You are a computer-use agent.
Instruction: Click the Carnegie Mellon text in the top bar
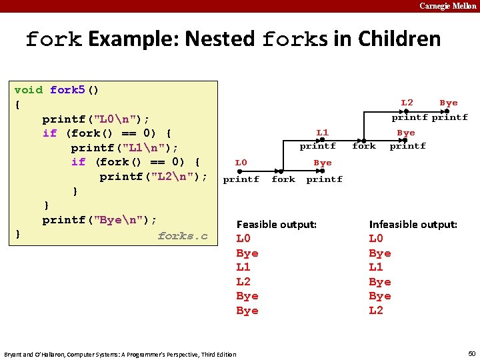coord(447,6)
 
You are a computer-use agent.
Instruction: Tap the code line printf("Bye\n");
coord(100,220)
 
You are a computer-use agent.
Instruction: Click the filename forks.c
coord(183,236)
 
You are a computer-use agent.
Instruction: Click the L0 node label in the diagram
coord(241,163)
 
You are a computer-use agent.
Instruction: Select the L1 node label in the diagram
coord(322,133)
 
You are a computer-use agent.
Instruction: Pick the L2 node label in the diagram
coord(407,103)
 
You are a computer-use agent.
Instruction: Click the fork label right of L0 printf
coord(283,179)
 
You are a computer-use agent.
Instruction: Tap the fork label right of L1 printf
coord(364,146)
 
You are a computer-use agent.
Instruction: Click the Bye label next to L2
coord(449,103)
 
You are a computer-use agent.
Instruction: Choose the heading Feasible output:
coord(277,225)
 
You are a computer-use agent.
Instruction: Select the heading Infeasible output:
coord(413,225)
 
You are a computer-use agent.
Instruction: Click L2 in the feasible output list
coord(243,282)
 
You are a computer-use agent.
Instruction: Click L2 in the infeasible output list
coord(376,311)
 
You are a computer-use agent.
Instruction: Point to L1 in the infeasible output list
coord(376,267)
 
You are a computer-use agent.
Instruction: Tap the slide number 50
coord(472,353)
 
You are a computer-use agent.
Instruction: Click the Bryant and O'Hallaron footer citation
coord(120,354)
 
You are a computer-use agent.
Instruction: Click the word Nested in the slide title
coord(219,39)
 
